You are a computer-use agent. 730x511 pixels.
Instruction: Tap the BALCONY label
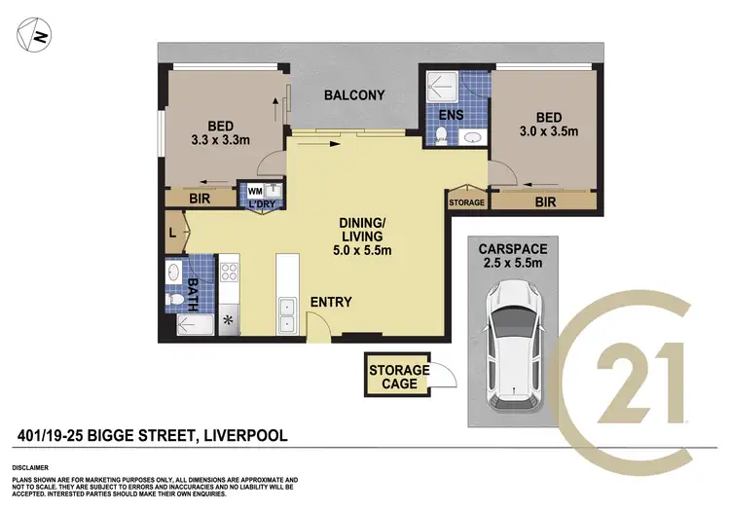point(353,95)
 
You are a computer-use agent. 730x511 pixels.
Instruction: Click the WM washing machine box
point(255,190)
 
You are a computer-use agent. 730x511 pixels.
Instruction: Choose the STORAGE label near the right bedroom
point(465,202)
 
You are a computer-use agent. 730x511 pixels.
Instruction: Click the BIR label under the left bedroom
point(201,198)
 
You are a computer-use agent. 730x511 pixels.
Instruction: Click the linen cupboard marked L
point(172,234)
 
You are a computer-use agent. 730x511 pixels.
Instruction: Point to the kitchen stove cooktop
point(231,268)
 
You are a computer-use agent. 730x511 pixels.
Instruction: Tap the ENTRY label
point(331,303)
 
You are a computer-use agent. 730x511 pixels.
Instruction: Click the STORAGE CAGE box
point(398,377)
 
